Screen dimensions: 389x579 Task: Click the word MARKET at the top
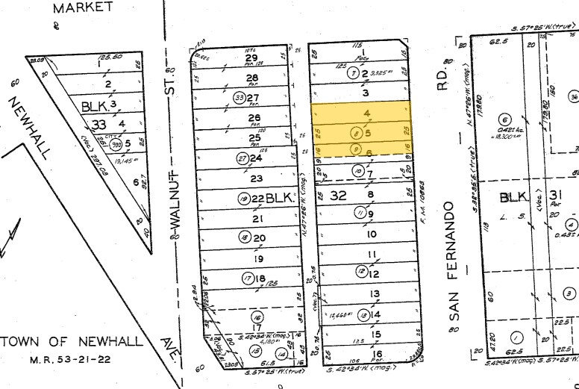[84, 7]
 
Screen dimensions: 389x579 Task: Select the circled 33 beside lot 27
[240, 98]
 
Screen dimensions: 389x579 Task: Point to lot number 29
[251, 58]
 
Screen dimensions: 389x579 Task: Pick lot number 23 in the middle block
[257, 178]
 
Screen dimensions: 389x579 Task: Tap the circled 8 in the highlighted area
[357, 134]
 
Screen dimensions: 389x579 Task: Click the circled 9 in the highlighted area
[357, 149]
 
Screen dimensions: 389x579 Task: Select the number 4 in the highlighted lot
[366, 113]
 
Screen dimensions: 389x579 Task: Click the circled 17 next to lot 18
[245, 279]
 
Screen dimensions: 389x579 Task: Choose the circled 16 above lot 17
[258, 316]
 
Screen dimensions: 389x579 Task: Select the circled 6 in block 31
[504, 120]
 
